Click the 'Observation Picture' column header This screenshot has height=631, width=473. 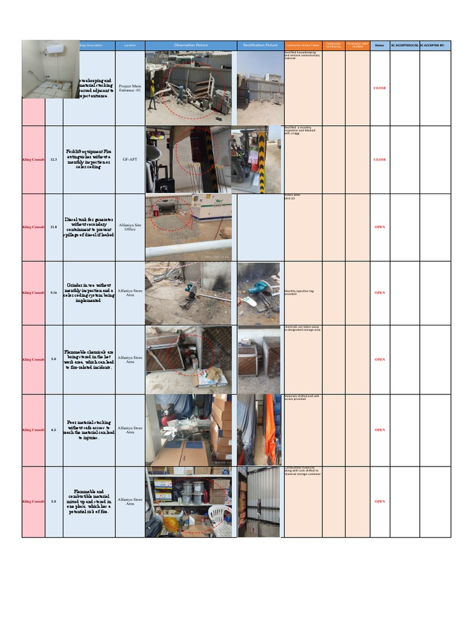pyautogui.click(x=191, y=46)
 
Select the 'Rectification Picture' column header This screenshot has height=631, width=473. pyautogui.click(x=260, y=46)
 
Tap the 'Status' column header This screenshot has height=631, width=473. pyautogui.click(x=379, y=46)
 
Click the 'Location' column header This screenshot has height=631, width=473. pyautogui.click(x=130, y=46)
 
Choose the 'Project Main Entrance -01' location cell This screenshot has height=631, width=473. pyautogui.click(x=130, y=88)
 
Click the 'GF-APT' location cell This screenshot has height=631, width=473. pyautogui.click(x=130, y=160)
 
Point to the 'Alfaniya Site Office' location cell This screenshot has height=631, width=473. pyautogui.click(x=130, y=227)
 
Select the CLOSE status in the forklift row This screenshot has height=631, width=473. pyautogui.click(x=379, y=160)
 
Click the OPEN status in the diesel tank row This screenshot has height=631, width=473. pyautogui.click(x=379, y=227)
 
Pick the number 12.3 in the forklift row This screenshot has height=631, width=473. pyautogui.click(x=54, y=160)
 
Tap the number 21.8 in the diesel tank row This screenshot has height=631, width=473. pyautogui.click(x=54, y=227)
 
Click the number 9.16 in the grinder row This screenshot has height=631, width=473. pyautogui.click(x=54, y=293)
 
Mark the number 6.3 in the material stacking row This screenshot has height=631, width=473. pyautogui.click(x=54, y=430)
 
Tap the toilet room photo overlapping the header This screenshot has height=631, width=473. pyautogui.click(x=50, y=69)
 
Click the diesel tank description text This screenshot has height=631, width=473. pyautogui.click(x=89, y=227)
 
